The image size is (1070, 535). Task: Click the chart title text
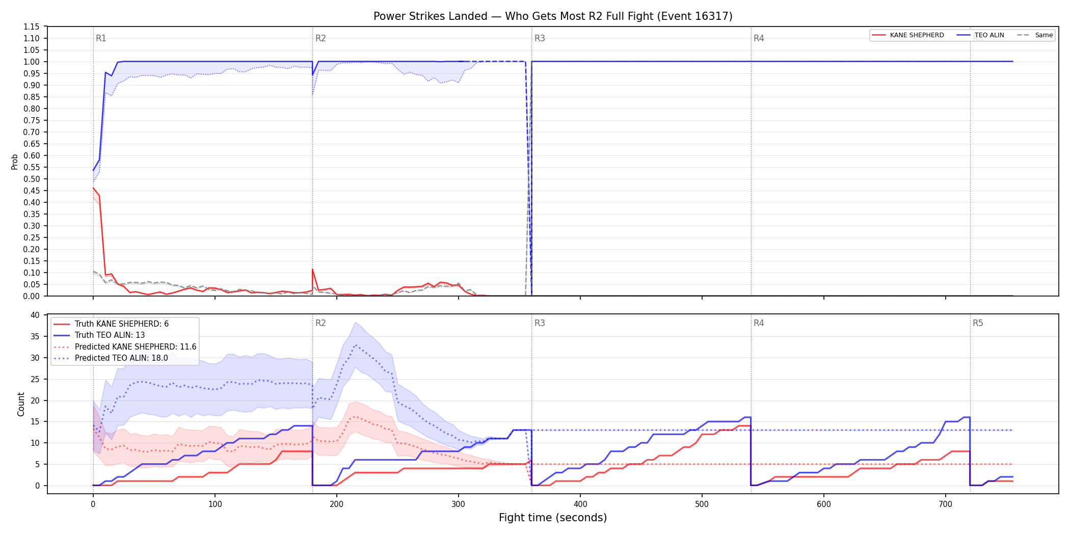coord(553,16)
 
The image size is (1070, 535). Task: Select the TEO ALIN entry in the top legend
coord(980,35)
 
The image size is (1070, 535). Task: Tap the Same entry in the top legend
coord(1035,35)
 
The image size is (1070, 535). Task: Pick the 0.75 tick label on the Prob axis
coord(32,120)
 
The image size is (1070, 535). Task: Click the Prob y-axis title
coord(15,162)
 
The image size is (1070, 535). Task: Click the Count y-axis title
coord(21,404)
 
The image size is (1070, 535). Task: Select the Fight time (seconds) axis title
coord(553,518)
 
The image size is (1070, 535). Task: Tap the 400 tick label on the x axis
coord(580,504)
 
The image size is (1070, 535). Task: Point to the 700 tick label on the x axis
coord(946,504)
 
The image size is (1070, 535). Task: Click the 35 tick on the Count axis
coord(35,336)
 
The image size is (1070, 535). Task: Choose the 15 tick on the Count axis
coord(35,421)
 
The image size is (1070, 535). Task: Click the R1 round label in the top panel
coord(101,38)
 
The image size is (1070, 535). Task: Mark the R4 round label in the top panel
coord(759,38)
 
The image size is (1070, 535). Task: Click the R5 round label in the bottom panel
coord(978,323)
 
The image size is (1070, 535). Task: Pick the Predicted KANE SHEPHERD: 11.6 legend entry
coord(125,346)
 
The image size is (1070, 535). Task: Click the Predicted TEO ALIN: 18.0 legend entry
coord(111,358)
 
